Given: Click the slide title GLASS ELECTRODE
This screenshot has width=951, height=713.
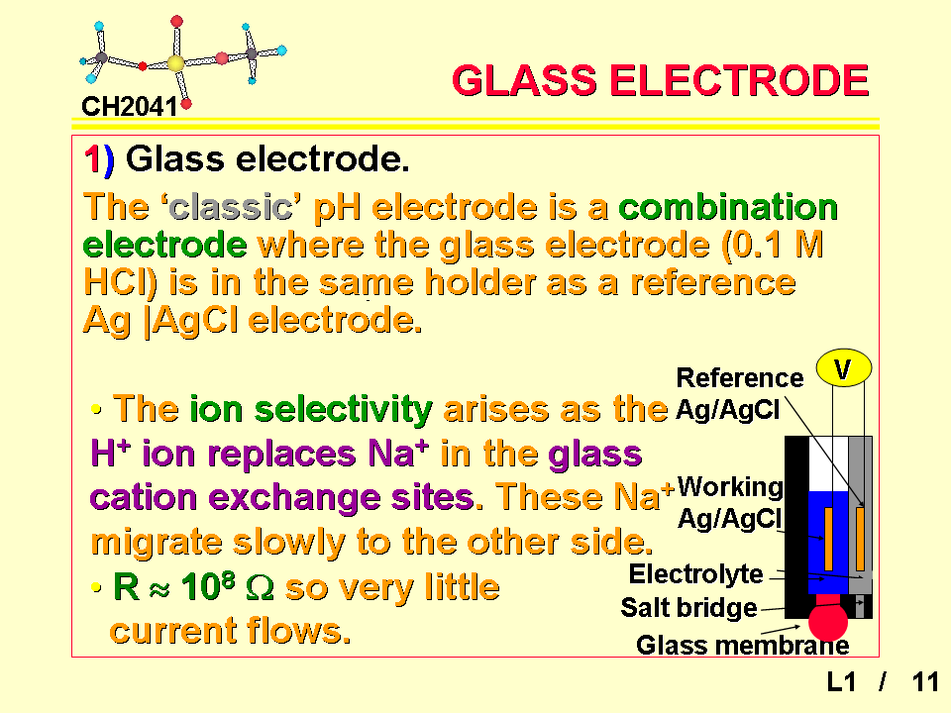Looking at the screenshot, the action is (x=661, y=80).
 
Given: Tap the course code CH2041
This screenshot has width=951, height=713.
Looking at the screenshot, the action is (x=129, y=107).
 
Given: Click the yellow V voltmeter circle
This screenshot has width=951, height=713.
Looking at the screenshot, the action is (x=844, y=368).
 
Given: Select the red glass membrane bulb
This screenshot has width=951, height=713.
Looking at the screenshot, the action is (x=828, y=621).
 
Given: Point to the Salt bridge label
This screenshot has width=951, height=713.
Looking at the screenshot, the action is (x=689, y=607).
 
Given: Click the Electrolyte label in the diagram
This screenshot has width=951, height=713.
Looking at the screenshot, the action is (x=695, y=573).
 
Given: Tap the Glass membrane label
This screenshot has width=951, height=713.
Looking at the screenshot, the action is (x=742, y=645).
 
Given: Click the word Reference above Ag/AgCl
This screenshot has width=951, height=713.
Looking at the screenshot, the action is (x=740, y=377).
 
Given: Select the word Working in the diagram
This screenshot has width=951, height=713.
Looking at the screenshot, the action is (x=730, y=487).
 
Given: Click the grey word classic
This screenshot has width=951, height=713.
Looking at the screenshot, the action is (x=231, y=207).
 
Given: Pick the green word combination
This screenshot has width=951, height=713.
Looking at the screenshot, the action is (x=728, y=207).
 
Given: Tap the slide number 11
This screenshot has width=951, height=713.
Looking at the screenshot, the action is (x=925, y=682).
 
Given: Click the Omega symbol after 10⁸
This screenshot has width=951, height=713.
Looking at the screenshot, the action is (x=261, y=587).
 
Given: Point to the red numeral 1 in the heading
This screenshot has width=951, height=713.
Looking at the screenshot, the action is (x=92, y=160).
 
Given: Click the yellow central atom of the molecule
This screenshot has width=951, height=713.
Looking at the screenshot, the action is (x=176, y=63).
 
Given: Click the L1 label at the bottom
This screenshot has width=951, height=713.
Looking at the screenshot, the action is (x=842, y=682).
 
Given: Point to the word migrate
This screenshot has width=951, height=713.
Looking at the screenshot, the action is (x=157, y=542).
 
